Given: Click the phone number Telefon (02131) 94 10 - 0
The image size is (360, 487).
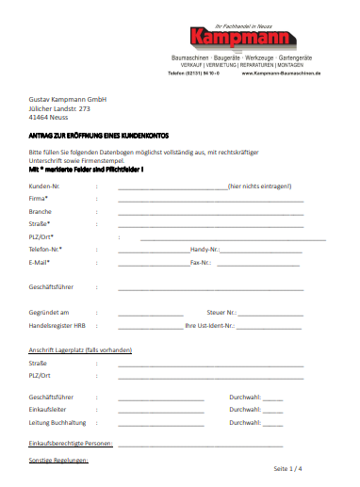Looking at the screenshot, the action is (193, 73).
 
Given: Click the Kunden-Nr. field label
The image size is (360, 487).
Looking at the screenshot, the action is (46, 187).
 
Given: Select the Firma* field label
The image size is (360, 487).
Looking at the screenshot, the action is (39, 200).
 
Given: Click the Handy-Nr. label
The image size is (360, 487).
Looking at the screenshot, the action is (205, 250).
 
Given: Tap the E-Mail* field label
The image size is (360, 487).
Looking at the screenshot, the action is (40, 263).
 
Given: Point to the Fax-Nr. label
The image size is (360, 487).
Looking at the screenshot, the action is (201, 263).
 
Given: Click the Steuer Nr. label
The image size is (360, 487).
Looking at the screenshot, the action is (221, 312).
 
